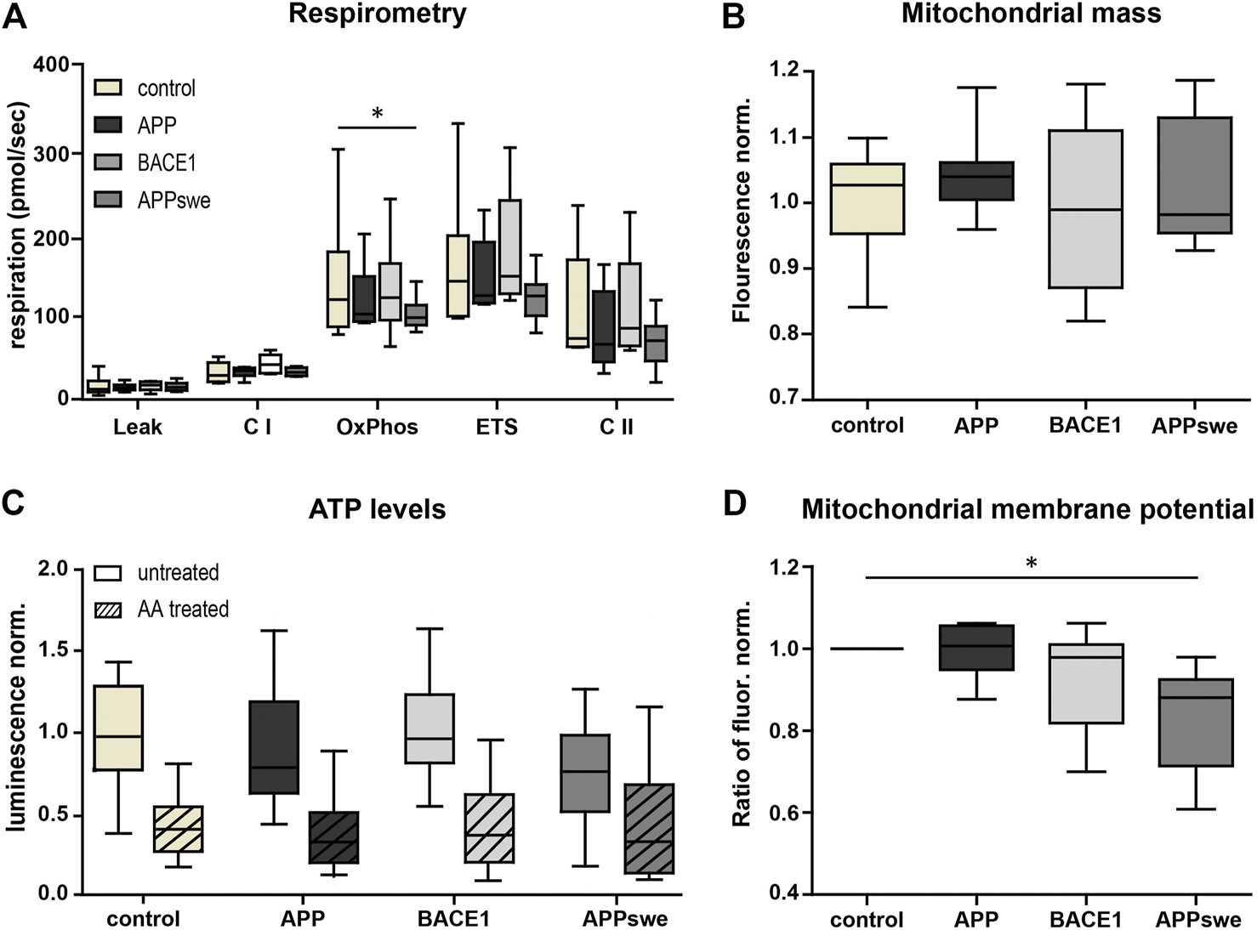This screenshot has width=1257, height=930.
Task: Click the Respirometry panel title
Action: coord(377,14)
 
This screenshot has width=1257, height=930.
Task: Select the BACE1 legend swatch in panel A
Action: coord(107,162)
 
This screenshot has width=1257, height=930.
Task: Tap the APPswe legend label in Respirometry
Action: coord(173,201)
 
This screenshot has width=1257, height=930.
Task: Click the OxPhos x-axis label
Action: coord(377,427)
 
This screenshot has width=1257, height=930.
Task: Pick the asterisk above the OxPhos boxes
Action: coord(378,114)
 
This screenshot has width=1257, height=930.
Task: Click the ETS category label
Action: coord(497,427)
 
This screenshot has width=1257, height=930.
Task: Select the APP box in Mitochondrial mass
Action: coord(976,181)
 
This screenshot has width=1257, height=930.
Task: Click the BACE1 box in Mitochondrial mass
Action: coord(1085,209)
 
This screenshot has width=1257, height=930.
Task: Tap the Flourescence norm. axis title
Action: coord(742,210)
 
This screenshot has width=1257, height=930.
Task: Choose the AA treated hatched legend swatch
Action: coord(107,610)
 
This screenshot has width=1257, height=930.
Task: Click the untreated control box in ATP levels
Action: coord(117,728)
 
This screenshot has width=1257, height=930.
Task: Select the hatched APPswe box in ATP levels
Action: coord(648,829)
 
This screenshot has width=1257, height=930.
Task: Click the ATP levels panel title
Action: coord(377,509)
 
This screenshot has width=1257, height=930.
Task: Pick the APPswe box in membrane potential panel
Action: coord(1195,723)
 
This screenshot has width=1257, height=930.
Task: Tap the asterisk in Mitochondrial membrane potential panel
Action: coord(1032,564)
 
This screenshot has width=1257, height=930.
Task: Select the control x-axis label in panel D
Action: coord(867,920)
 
